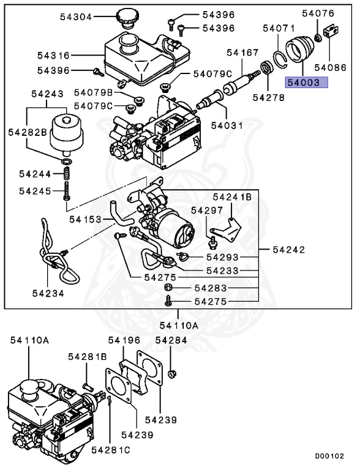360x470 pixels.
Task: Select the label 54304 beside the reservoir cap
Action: click(76, 17)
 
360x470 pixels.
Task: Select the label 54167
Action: click(242, 53)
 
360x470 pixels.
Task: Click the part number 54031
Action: click(227, 125)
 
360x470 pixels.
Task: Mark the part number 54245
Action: click(34, 191)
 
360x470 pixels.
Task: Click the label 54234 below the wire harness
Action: click(48, 293)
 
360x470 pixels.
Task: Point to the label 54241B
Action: click(232, 197)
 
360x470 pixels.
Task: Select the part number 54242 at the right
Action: click(288, 250)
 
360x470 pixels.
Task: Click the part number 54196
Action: click(124, 340)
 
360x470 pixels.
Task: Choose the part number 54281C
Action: click(111, 450)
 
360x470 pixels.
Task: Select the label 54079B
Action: click(94, 93)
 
